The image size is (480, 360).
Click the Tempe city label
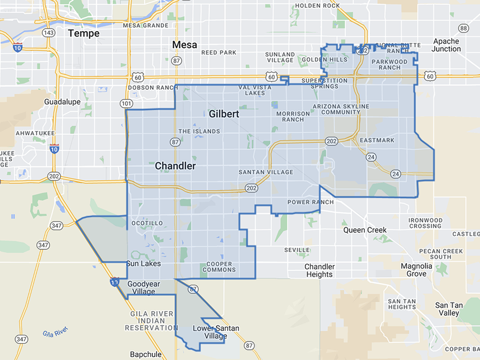click(x=84, y=33)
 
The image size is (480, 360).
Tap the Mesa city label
click(x=184, y=45)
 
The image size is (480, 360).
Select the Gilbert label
click(x=224, y=114)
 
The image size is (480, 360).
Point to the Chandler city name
click(x=175, y=166)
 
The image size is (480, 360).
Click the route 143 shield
click(x=48, y=33)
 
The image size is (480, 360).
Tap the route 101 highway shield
click(x=125, y=103)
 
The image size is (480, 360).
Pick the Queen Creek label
click(x=365, y=230)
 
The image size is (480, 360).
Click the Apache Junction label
click(x=446, y=45)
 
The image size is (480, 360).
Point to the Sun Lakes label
click(x=143, y=264)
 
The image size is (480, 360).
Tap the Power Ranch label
click(x=311, y=202)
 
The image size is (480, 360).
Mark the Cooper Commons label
click(x=220, y=267)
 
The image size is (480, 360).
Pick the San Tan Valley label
click(x=449, y=309)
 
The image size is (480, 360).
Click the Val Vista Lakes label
click(x=255, y=90)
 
